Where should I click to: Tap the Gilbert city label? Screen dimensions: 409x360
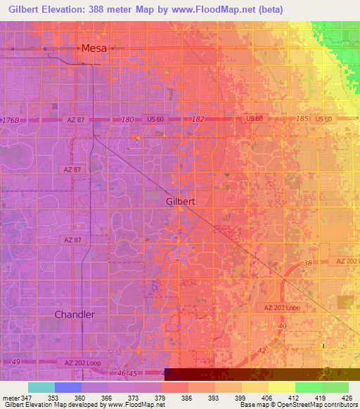click(180, 201)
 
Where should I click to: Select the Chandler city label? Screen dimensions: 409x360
click(75, 314)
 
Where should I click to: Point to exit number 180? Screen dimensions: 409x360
click(127, 119)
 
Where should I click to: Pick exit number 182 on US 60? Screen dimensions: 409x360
click(198, 119)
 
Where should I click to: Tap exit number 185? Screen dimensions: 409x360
click(303, 119)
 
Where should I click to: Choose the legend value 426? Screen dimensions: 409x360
click(347, 398)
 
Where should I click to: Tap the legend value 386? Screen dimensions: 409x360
click(186, 398)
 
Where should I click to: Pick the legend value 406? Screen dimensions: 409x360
click(266, 398)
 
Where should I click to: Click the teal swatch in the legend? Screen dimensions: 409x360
click(41, 387)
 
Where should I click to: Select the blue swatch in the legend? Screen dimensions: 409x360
click(67, 387)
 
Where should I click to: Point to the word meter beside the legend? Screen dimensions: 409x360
click(11, 398)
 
